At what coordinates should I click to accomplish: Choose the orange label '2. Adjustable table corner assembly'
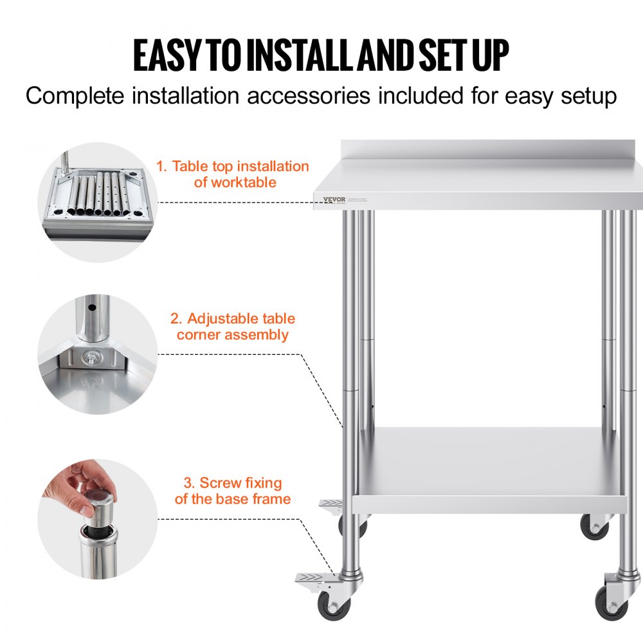tap(233, 327)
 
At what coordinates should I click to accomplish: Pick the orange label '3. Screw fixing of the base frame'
tap(233, 491)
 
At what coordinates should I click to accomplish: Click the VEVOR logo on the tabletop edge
tap(329, 199)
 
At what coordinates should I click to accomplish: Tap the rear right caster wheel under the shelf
tap(594, 527)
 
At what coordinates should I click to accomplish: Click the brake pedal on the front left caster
tap(312, 579)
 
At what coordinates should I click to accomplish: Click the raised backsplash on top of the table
tap(491, 147)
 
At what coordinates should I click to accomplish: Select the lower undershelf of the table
tap(492, 469)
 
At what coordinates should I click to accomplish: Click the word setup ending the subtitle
tap(587, 96)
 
